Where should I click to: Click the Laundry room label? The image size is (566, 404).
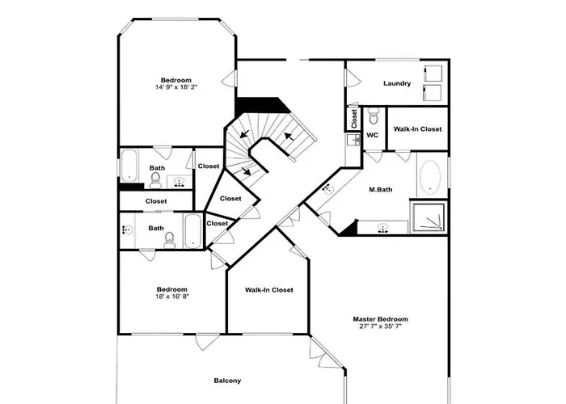click(397, 83)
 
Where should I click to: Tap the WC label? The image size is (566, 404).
click(372, 135)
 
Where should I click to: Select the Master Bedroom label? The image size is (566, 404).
click(380, 319)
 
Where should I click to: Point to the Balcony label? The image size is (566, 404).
click(227, 381)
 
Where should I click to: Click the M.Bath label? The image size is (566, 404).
click(381, 189)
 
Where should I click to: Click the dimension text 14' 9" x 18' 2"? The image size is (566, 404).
click(176, 87)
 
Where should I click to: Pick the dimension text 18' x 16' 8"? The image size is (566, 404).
click(172, 297)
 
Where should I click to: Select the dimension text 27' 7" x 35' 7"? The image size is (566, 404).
click(380, 326)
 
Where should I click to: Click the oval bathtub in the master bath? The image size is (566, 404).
click(430, 177)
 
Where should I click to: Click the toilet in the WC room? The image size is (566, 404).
click(374, 116)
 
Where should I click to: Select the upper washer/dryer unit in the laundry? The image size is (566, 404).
click(433, 74)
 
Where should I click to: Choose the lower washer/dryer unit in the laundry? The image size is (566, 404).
click(433, 93)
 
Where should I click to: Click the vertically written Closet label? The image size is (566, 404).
click(354, 118)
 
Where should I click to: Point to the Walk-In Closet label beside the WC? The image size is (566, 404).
click(417, 128)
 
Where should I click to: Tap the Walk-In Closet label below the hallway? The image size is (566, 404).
click(269, 289)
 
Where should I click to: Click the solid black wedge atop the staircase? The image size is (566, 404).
click(260, 106)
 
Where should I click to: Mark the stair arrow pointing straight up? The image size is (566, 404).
click(288, 137)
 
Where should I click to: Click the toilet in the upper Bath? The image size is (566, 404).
click(155, 180)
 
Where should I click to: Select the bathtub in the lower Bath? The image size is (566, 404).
click(192, 230)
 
